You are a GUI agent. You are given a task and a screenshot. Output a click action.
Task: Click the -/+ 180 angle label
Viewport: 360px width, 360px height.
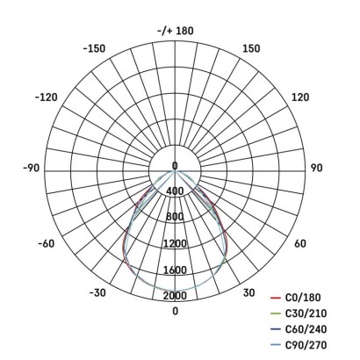175,31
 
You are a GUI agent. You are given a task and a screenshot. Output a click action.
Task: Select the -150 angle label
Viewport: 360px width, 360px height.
94,48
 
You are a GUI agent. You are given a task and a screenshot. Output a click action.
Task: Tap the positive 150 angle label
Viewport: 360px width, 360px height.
250,48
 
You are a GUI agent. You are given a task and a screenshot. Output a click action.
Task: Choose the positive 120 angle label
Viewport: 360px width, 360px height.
299,97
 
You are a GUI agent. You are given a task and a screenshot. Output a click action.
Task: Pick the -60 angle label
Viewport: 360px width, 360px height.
47,243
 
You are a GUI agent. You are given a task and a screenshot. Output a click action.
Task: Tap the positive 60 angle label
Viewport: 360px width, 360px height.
299,243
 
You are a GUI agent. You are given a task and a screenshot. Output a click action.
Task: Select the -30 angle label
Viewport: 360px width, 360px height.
99,292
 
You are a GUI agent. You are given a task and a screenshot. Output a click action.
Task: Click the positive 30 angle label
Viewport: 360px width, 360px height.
248,292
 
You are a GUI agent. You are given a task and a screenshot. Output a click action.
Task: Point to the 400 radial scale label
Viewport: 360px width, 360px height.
175,191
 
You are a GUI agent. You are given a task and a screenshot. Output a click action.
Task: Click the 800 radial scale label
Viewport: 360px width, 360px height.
175,217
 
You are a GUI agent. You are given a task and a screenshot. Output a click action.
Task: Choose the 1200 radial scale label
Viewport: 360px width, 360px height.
175,243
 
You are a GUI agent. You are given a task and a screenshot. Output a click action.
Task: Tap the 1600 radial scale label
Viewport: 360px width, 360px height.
175,270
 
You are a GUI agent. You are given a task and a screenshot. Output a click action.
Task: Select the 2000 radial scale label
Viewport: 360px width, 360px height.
175,295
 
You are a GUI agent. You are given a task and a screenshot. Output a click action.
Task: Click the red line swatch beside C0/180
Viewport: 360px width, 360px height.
274,299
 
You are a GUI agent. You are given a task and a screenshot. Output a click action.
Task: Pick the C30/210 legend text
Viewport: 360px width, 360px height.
309,313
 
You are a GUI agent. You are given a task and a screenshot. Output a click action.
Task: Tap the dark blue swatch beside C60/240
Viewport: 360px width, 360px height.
274,328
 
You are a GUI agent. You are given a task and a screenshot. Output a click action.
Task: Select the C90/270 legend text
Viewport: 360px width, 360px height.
309,343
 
